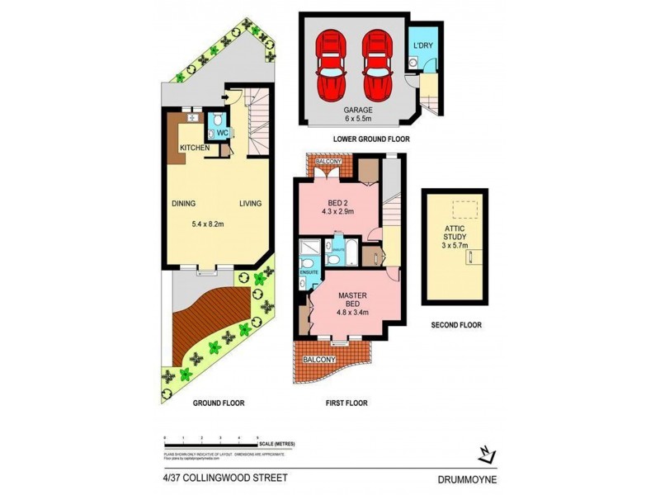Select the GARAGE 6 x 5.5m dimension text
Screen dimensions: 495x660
tap(359, 114)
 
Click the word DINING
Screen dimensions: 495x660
tap(183, 203)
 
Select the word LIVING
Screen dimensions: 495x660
tap(251, 203)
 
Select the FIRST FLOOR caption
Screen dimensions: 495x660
tap(345, 403)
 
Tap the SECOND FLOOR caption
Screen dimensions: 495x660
tap(456, 325)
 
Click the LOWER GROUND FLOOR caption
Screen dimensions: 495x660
tap(371, 139)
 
